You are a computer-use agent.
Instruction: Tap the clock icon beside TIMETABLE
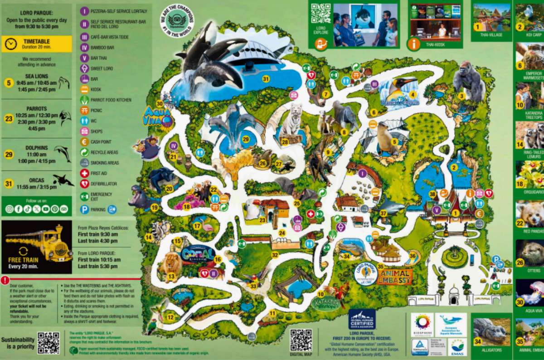click(x=11, y=44)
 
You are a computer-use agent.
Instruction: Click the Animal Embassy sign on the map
click(x=394, y=276)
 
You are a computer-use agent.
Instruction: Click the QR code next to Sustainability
click(x=49, y=343)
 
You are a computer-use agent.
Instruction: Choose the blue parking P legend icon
click(x=84, y=209)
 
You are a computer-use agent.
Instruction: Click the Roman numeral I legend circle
click(x=84, y=10)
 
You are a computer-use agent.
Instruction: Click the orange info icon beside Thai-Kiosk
click(x=414, y=44)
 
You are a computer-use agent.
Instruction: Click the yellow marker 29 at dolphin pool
click(x=246, y=139)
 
